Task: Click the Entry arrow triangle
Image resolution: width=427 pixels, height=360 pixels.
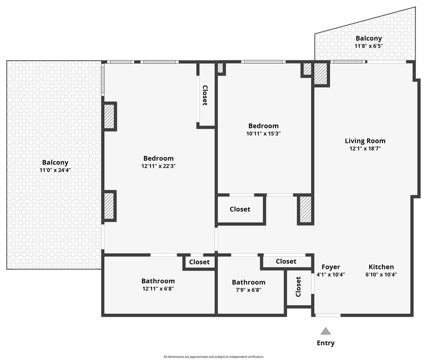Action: (x=325, y=331)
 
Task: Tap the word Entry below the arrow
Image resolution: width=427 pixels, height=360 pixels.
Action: (x=325, y=343)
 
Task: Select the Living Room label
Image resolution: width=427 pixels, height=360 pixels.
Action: (x=365, y=141)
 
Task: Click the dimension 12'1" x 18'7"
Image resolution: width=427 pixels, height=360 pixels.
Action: (x=365, y=148)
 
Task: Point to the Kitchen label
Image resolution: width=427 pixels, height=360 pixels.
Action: (x=381, y=267)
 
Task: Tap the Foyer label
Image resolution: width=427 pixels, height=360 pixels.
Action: (x=331, y=267)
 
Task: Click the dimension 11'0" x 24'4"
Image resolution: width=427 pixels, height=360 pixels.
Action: (x=55, y=170)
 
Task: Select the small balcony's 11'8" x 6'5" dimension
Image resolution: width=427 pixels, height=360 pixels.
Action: (x=369, y=46)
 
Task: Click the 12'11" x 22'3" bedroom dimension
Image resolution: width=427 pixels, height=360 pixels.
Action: (x=159, y=166)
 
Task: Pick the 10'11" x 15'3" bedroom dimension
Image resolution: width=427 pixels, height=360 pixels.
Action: (x=263, y=134)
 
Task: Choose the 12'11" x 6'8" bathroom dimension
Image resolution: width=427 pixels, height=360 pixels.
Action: (x=158, y=289)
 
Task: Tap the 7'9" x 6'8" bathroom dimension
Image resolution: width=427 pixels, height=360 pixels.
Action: (x=249, y=290)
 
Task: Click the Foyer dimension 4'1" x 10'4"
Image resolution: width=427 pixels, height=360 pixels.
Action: (x=330, y=275)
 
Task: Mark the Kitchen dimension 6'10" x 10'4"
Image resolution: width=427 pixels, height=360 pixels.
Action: (x=381, y=275)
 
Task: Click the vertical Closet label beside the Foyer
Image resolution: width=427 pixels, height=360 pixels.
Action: (x=298, y=287)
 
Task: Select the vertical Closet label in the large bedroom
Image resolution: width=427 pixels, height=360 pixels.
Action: (x=205, y=95)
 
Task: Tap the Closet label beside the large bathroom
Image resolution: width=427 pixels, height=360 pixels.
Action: (x=199, y=262)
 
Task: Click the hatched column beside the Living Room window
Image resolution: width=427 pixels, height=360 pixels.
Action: (x=321, y=74)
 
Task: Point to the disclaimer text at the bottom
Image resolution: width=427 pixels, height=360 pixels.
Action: (x=213, y=357)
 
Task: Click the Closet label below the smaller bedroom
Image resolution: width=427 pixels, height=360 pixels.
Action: (x=240, y=209)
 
